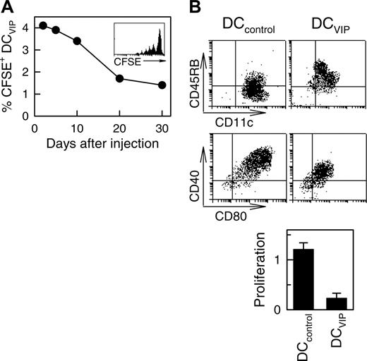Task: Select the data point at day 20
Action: [119, 78]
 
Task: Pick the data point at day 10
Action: [78, 41]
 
